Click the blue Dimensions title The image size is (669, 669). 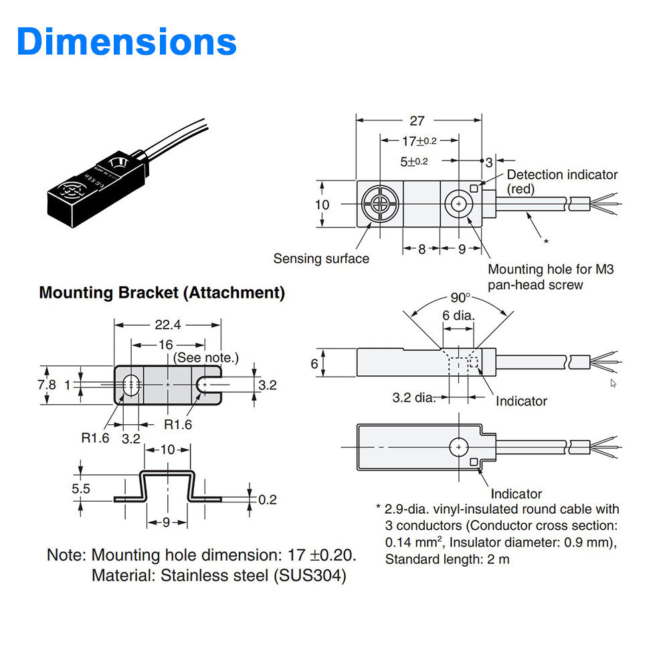click(x=126, y=41)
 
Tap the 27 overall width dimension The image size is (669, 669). click(x=417, y=121)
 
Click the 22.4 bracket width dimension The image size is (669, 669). click(x=167, y=324)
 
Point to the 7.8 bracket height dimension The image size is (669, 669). click(x=47, y=385)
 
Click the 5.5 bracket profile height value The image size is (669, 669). click(x=80, y=489)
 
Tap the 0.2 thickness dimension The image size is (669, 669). click(x=268, y=499)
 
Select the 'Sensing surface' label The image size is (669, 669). click(x=321, y=259)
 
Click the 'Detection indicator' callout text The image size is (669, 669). click(x=562, y=175)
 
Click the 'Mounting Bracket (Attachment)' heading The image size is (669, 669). click(x=162, y=293)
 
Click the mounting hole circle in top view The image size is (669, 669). click(x=459, y=202)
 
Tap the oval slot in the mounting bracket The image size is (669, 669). click(x=129, y=385)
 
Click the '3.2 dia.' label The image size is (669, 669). click(x=413, y=397)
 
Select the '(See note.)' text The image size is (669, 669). click(x=206, y=358)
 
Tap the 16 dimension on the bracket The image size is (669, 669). click(x=166, y=344)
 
